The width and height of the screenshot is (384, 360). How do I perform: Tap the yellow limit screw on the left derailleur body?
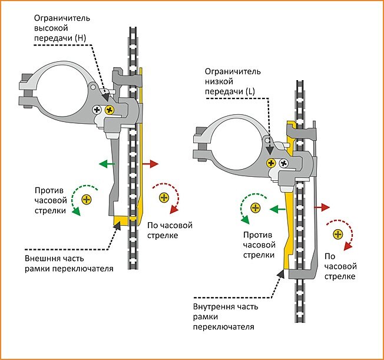coord(108,110)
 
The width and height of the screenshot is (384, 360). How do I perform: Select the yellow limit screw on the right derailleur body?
coord(272,163)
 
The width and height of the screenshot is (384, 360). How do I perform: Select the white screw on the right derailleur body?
coord(283,163)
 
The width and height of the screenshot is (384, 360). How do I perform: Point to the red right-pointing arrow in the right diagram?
coord(322,207)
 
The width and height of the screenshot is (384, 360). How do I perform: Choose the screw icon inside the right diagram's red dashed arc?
coord(338,234)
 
